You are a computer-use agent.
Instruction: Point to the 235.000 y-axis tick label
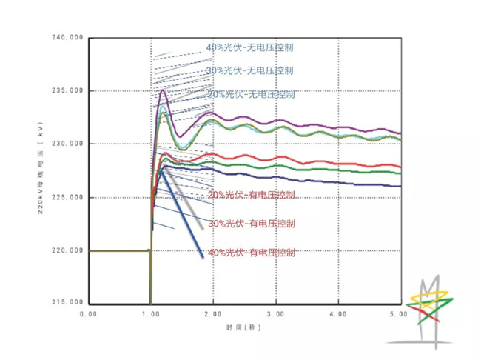68,91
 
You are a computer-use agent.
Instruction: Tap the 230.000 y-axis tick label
68,144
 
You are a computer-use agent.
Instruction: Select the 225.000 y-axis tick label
68,197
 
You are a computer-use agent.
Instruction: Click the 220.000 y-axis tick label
68,250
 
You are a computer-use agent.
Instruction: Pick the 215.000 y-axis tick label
68,303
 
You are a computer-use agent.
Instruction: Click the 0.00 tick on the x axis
88,315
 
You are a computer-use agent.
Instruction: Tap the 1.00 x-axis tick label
151,315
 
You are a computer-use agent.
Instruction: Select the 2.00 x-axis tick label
213,315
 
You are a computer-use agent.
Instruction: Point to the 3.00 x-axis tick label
275,315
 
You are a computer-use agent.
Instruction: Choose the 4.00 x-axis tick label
337,315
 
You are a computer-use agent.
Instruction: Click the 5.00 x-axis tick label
400,315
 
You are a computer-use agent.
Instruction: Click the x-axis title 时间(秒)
245,327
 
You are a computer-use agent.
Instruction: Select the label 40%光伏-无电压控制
250,47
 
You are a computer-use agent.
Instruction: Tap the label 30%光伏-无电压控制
250,70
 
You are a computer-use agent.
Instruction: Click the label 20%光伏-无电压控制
250,94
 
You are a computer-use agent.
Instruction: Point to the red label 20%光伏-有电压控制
251,195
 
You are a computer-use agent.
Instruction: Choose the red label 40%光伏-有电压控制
252,252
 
